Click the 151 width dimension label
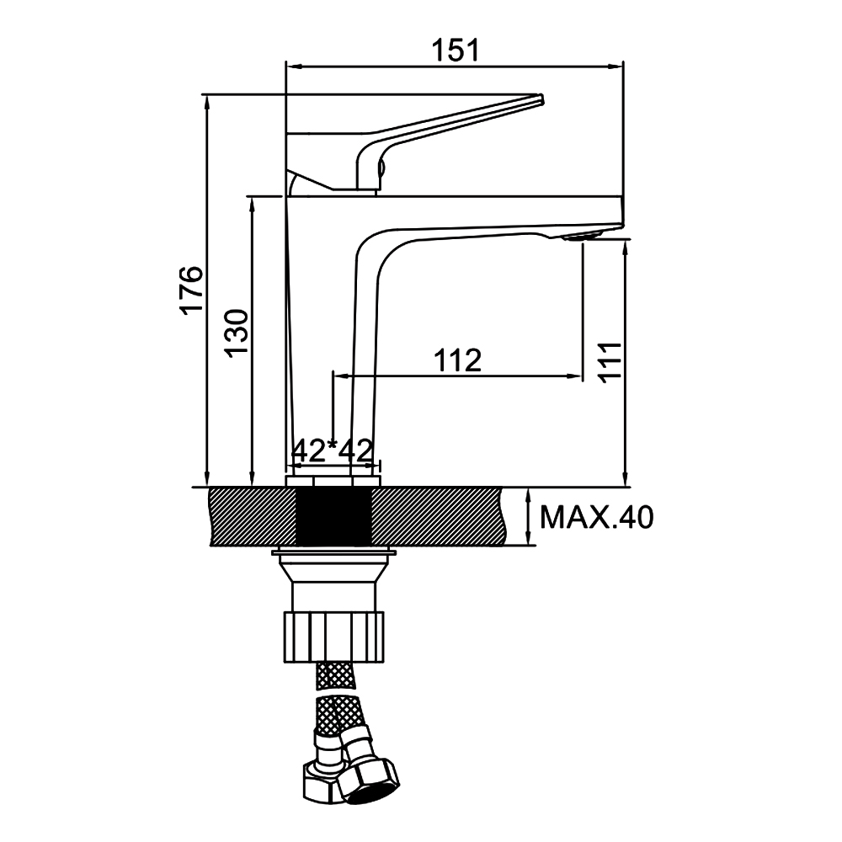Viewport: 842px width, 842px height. [x=455, y=51]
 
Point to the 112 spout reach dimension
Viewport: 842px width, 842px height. [x=457, y=360]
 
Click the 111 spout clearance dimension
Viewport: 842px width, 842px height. [x=610, y=361]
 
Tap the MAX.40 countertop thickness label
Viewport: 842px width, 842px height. [x=596, y=518]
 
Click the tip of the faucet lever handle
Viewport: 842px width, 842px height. [x=541, y=99]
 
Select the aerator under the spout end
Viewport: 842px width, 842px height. [x=582, y=237]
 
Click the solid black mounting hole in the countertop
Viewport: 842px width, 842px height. [x=334, y=516]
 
